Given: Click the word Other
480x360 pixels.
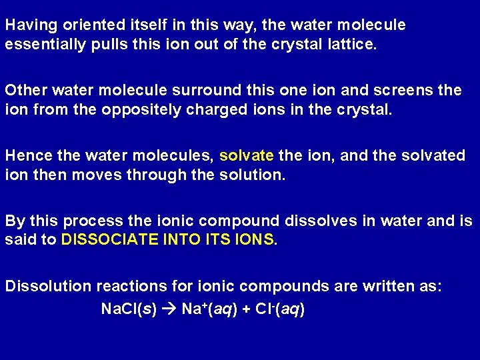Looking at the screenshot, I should tap(23, 90).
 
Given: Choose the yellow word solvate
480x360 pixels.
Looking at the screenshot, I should tap(247, 156).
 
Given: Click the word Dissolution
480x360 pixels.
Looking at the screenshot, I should tap(49, 287).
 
